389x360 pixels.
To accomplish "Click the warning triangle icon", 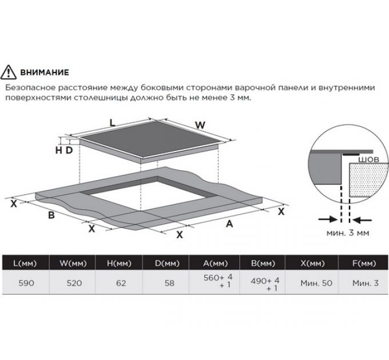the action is (x=9, y=72).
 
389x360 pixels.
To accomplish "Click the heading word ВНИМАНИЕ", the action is (x=45, y=73).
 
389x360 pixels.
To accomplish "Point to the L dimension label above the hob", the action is (x=113, y=123).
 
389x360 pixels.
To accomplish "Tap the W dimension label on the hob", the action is (x=200, y=125).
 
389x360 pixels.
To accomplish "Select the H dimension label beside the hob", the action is (x=59, y=150).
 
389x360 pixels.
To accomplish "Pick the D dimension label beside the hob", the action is (x=69, y=150).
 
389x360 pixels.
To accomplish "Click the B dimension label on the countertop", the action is (x=51, y=215).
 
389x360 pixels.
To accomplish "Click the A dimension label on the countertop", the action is (x=229, y=224).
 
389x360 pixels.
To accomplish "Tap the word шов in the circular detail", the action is (x=368, y=159).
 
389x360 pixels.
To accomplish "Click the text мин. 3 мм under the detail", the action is (x=348, y=233).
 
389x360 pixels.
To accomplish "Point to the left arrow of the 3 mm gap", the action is (x=327, y=219).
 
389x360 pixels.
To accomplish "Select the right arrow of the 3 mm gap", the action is (x=363, y=220).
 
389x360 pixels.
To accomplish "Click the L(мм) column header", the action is (x=25, y=263).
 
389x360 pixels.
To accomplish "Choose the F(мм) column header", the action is (x=364, y=263).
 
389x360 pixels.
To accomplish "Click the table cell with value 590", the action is (x=26, y=283).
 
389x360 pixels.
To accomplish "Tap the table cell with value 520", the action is (x=74, y=283).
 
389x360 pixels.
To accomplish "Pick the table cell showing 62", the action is (x=121, y=283).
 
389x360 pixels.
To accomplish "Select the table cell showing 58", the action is (x=169, y=283).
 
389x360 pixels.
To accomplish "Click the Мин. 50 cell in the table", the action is (x=316, y=283).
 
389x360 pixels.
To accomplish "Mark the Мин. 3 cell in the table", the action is (x=366, y=283).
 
